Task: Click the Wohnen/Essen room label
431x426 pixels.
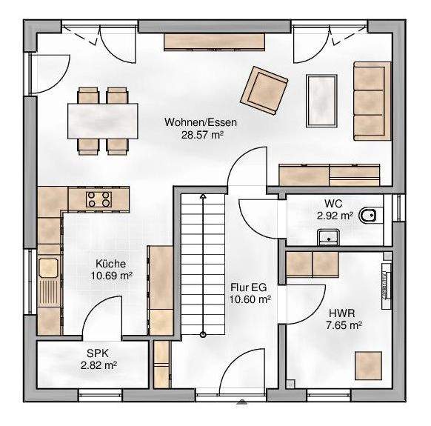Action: [195, 123]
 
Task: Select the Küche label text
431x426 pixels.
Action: [110, 263]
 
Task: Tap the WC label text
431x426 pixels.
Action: [332, 203]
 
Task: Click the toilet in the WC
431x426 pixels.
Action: [368, 216]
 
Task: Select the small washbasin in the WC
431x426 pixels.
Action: [327, 236]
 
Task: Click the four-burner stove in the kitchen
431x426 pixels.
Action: [98, 198]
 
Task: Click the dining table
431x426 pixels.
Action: [103, 119]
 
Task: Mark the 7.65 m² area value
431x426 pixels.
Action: [344, 325]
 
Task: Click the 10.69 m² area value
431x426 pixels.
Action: [111, 276]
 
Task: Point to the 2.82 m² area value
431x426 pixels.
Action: [98, 365]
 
